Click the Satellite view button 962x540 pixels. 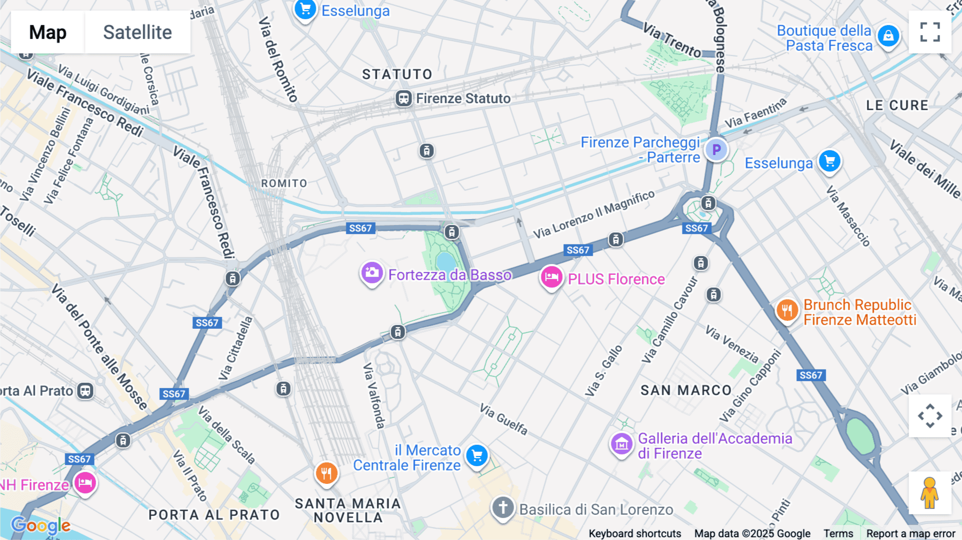pos(137,32)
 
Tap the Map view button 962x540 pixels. pos(48,32)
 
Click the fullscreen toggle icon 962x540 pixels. pos(930,32)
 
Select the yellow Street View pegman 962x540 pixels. pos(929,492)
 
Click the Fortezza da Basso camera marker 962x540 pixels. pos(372,274)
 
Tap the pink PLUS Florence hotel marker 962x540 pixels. pos(551,277)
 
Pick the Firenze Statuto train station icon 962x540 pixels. pos(404,99)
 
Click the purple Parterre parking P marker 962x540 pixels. pos(716,150)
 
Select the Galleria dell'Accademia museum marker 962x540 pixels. pos(622,444)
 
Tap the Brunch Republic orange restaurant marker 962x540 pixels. pos(787,310)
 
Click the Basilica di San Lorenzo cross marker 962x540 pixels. pos(503,507)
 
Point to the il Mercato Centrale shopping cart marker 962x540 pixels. pos(477,456)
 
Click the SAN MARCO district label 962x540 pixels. pos(686,390)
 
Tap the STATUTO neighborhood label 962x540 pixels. pos(397,74)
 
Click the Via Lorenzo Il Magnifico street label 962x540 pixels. pos(594,214)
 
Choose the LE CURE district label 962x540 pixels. pos(897,105)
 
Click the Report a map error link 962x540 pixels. pos(911,534)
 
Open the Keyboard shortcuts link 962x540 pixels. pos(634,534)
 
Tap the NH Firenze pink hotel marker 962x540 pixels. pos(85,483)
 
